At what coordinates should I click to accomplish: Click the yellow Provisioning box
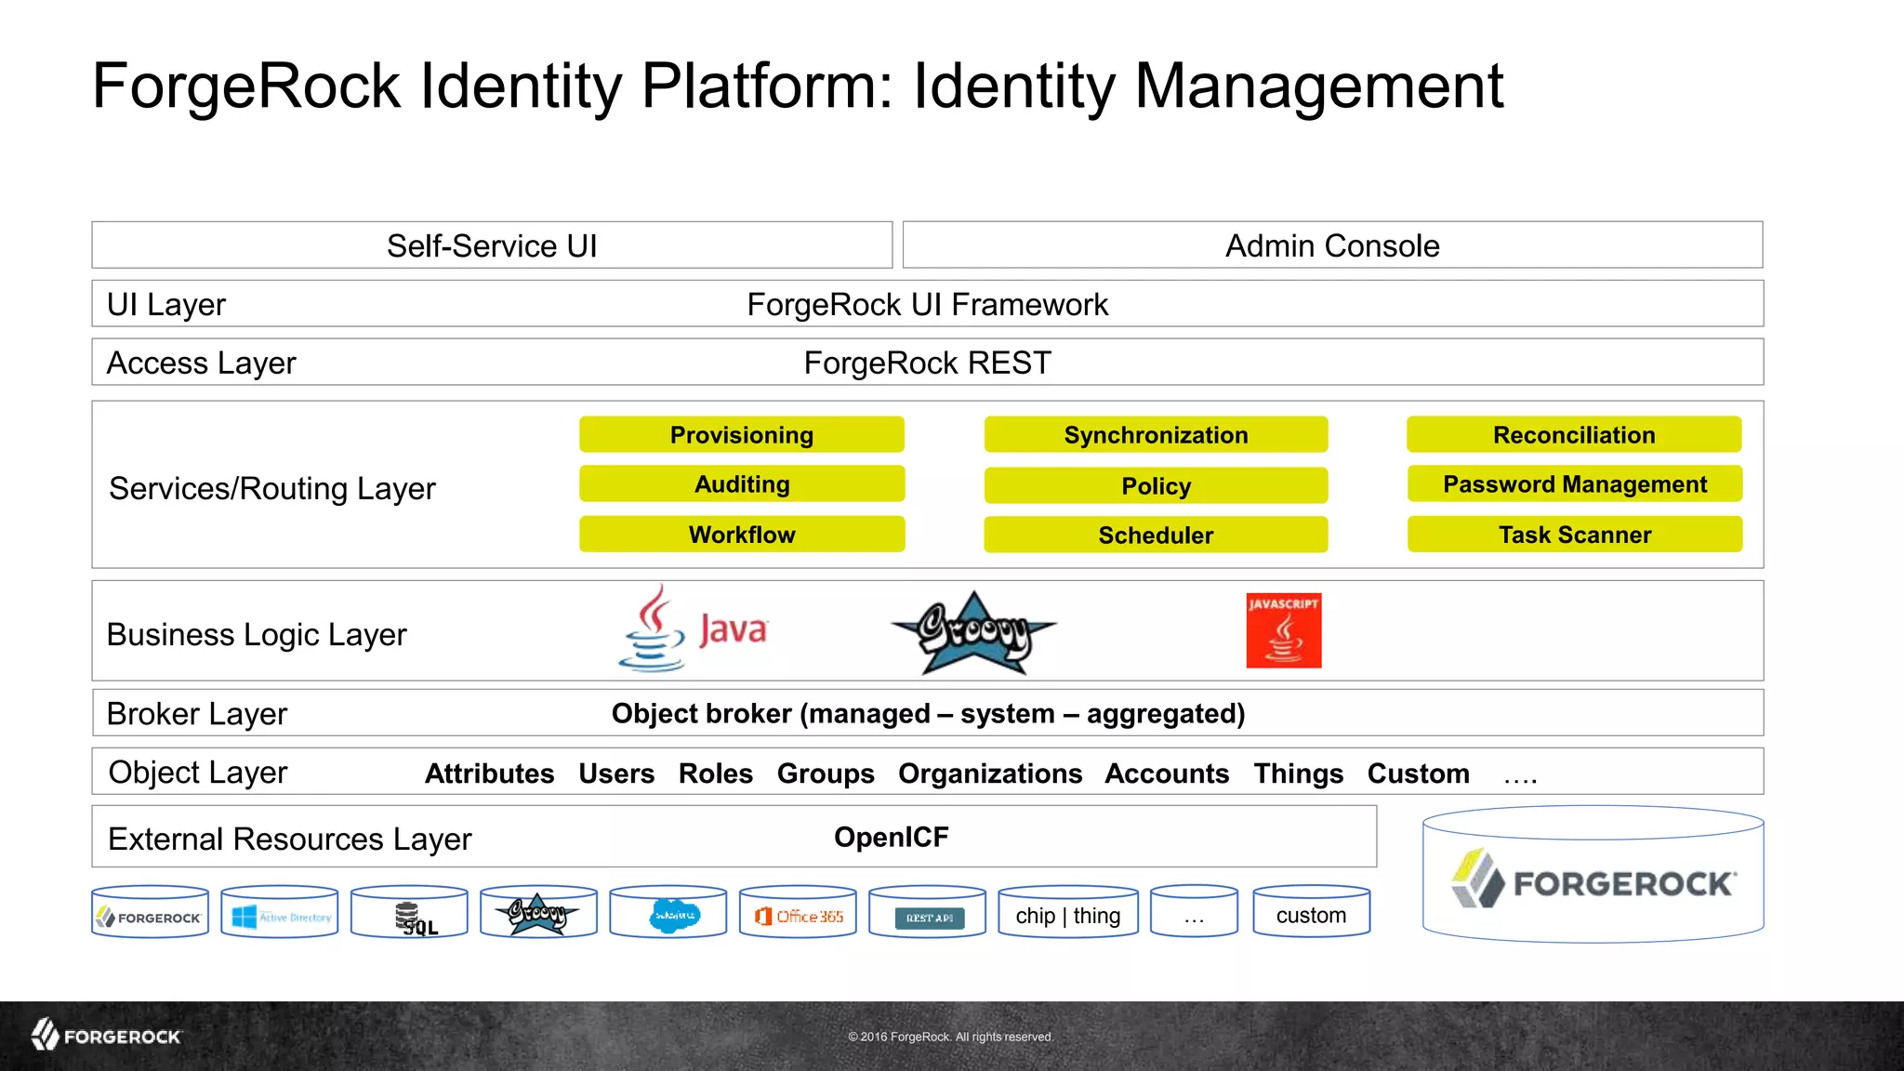pyautogui.click(x=741, y=434)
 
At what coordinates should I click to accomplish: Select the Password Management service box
pyautogui.click(x=1574, y=484)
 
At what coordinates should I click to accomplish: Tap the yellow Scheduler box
pyautogui.click(x=1155, y=535)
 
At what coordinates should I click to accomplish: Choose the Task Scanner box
pyautogui.click(x=1574, y=535)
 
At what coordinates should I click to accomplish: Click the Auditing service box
pyautogui.click(x=741, y=484)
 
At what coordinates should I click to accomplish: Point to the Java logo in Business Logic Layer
pyautogui.click(x=694, y=629)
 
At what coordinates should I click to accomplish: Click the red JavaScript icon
pyautogui.click(x=1283, y=630)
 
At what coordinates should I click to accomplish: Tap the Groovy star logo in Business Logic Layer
pyautogui.click(x=972, y=632)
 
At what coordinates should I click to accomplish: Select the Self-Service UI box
pyautogui.click(x=492, y=245)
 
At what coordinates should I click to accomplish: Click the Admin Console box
pyautogui.click(x=1331, y=245)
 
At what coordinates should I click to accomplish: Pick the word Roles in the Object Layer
pyautogui.click(x=715, y=773)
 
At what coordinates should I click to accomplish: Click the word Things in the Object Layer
pyautogui.click(x=1298, y=773)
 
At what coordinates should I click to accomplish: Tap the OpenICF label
pyautogui.click(x=891, y=837)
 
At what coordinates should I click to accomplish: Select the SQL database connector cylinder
pyautogui.click(x=409, y=914)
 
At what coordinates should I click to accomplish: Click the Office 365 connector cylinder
pyautogui.click(x=798, y=914)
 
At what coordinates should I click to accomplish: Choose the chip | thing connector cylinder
pyautogui.click(x=1067, y=914)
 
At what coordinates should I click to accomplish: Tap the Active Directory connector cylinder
pyautogui.click(x=280, y=914)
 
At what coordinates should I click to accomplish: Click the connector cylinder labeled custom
pyautogui.click(x=1311, y=914)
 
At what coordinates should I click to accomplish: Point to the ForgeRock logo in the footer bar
pyautogui.click(x=107, y=1035)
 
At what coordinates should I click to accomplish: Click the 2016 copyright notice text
pyautogui.click(x=950, y=1037)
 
